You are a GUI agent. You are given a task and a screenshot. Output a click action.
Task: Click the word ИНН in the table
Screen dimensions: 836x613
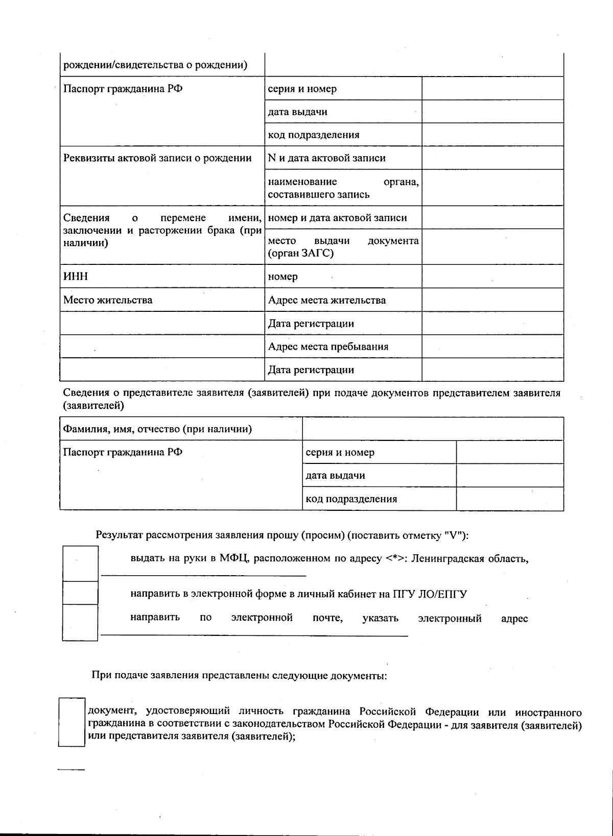point(76,277)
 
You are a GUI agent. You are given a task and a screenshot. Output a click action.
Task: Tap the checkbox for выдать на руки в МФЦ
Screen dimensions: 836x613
point(80,563)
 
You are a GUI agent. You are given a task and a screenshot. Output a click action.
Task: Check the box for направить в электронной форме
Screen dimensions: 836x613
point(80,593)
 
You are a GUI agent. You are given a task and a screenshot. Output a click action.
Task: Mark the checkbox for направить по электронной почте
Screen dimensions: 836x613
point(80,622)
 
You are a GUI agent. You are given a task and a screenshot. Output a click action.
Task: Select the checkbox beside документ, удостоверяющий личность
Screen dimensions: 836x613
point(72,723)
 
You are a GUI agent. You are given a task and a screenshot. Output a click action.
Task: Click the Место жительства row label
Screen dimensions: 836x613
point(108,300)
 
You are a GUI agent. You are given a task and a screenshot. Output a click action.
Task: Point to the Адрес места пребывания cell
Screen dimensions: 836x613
point(328,347)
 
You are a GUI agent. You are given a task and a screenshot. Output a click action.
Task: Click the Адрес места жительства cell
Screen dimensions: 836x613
point(327,300)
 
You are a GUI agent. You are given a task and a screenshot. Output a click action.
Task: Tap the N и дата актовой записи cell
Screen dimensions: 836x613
point(327,158)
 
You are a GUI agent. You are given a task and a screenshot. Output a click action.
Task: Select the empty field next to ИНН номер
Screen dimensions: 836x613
point(492,277)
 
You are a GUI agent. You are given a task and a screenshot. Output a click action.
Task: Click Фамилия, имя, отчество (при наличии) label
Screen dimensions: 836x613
point(157,429)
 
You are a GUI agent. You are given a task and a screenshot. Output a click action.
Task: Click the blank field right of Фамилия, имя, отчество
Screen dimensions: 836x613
point(433,429)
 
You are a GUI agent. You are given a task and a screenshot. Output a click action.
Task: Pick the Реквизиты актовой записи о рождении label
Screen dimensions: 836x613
point(157,158)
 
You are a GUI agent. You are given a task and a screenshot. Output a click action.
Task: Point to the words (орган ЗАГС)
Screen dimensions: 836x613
point(301,254)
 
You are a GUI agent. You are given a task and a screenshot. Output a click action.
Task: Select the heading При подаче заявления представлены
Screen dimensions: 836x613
point(239,676)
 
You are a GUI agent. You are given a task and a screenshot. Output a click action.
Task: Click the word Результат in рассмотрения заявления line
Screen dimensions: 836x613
point(119,535)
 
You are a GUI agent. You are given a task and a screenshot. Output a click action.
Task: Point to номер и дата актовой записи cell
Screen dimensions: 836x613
point(337,218)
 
